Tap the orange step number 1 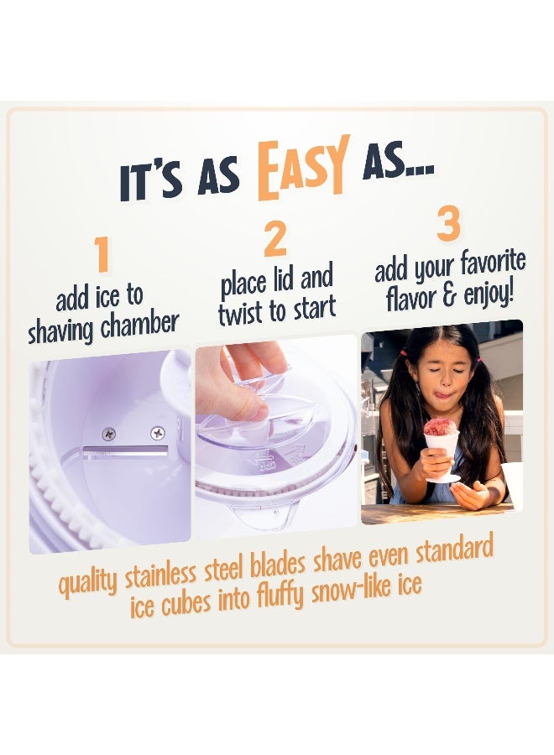pyautogui.click(x=102, y=254)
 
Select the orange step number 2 pyautogui.click(x=274, y=240)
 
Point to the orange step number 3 pyautogui.click(x=449, y=224)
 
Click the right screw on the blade pyautogui.click(x=157, y=433)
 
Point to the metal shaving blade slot pyautogui.click(x=125, y=453)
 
